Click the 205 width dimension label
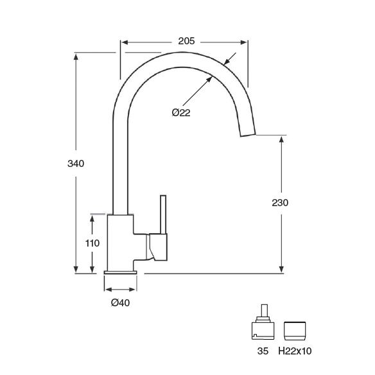(186, 41)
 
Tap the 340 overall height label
(76, 164)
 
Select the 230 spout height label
(280, 203)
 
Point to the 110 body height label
(92, 243)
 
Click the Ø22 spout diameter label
(181, 112)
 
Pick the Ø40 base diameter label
(120, 303)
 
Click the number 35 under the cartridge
(263, 351)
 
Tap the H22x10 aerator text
(295, 351)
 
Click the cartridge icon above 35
(263, 322)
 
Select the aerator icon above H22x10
(295, 331)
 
